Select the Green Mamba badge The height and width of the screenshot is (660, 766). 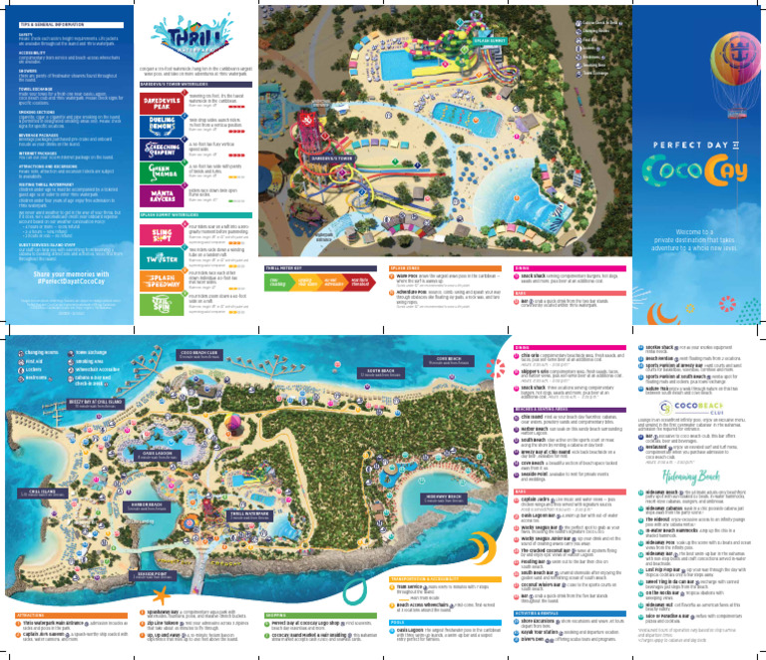pos(160,171)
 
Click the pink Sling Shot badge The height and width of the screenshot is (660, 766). pos(160,235)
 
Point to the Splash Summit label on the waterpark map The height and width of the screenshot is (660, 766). pos(487,41)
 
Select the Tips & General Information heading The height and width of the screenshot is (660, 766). pos(46,21)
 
